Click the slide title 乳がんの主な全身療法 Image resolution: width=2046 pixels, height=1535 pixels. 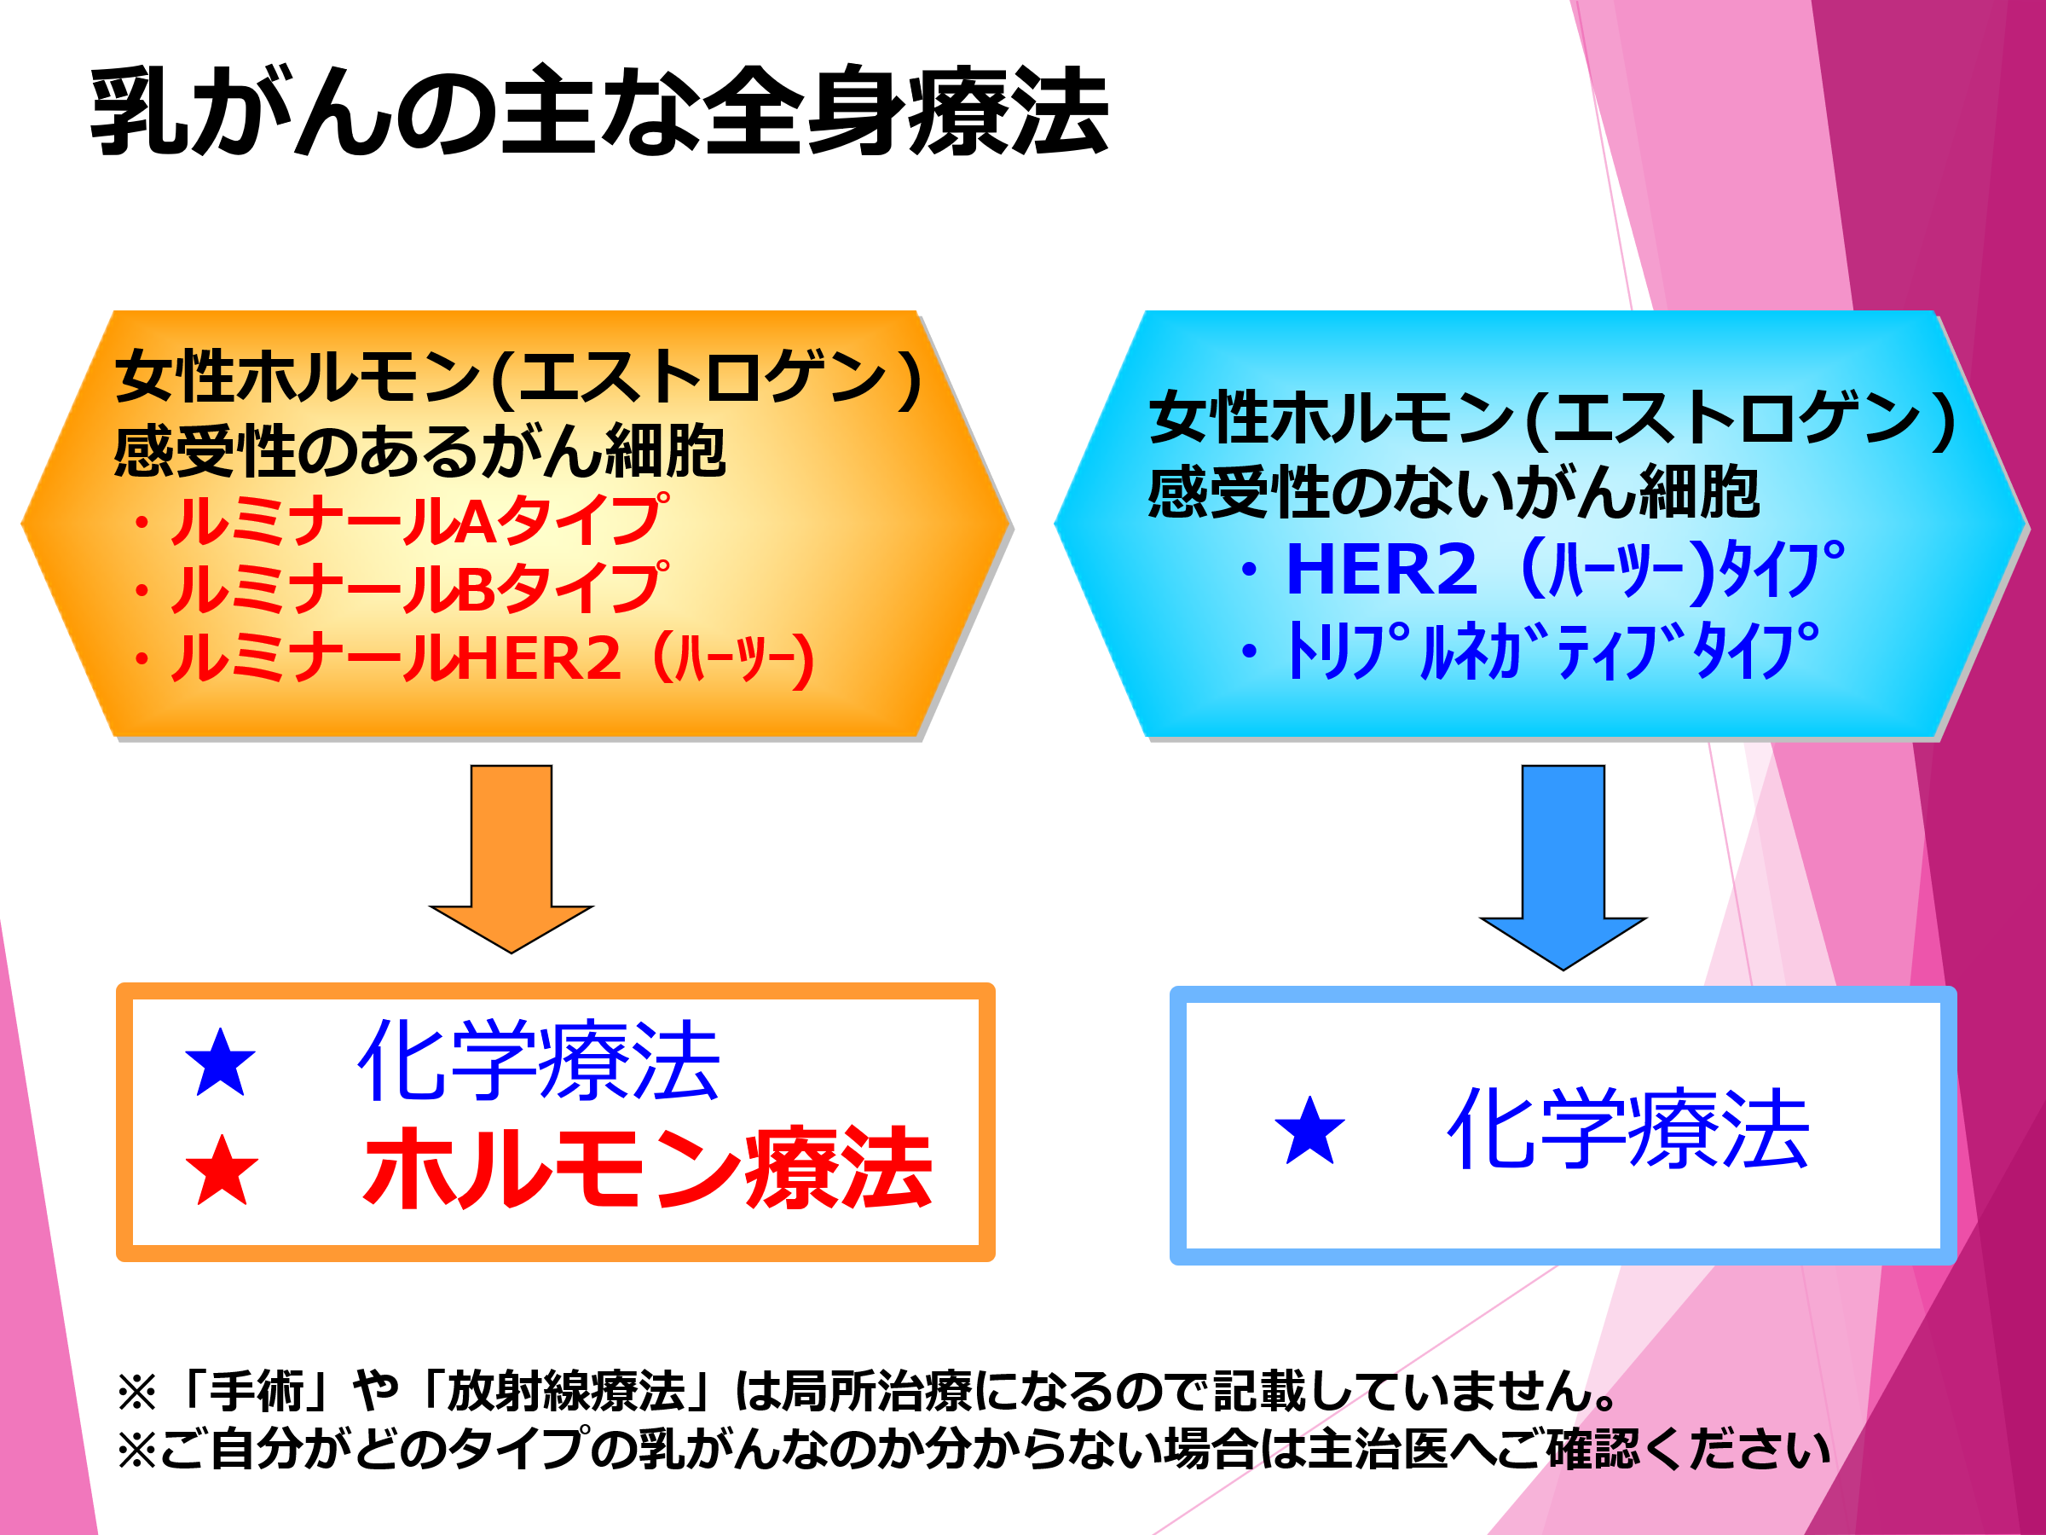(x=599, y=111)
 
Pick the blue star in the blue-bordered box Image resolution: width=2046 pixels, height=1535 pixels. (x=1309, y=1130)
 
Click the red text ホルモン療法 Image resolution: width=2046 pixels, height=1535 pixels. (x=647, y=1168)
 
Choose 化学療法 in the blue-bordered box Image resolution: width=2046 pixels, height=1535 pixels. (x=1628, y=1129)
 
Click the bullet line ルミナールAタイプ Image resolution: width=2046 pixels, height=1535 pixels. (x=416, y=520)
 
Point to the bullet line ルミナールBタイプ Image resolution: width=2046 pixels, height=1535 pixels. (x=416, y=588)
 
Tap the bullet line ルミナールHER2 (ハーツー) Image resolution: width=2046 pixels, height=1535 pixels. (x=490, y=659)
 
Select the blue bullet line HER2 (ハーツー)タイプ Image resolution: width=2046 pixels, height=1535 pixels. (x=1563, y=569)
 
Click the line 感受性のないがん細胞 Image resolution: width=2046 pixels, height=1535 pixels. (x=1454, y=492)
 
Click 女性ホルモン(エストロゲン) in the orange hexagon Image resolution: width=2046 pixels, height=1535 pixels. (x=518, y=378)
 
